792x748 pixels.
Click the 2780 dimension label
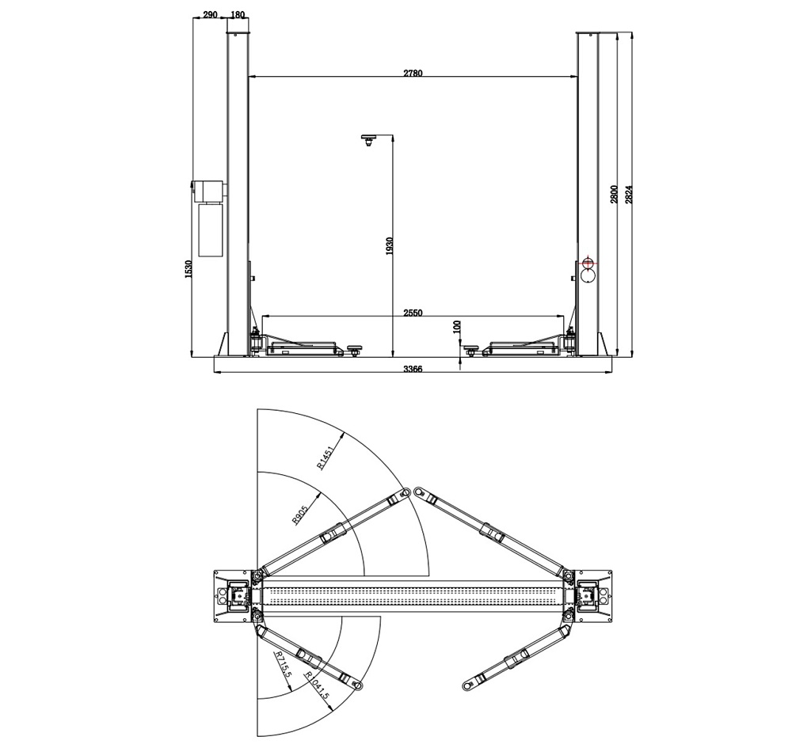412,73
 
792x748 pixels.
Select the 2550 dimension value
412,313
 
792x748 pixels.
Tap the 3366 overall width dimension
412,369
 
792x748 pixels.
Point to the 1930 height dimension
389,246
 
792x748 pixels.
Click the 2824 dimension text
628,194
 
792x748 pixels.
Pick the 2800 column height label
614,194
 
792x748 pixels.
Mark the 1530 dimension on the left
188,269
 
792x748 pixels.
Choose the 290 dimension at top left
210,14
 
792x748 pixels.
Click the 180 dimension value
237,14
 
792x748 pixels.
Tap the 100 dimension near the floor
458,327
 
